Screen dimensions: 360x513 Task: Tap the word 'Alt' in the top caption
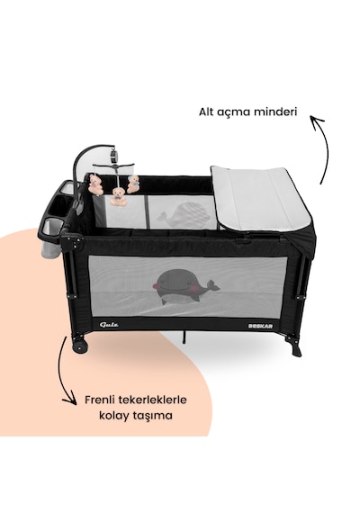click(x=206, y=112)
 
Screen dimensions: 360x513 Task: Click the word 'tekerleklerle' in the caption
click(x=153, y=400)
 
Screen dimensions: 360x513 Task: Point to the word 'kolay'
click(x=112, y=416)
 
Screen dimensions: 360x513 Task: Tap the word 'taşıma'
click(x=151, y=417)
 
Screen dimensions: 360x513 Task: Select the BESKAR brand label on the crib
click(x=260, y=326)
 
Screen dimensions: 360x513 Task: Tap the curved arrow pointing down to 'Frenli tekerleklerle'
click(x=61, y=370)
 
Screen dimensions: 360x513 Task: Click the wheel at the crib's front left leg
click(x=80, y=347)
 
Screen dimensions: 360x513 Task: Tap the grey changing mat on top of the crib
click(x=261, y=198)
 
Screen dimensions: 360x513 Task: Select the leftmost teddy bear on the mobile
click(x=95, y=184)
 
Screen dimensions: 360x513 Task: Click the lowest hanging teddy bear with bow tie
click(x=118, y=196)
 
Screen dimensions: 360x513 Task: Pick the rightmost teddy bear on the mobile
click(x=133, y=184)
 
